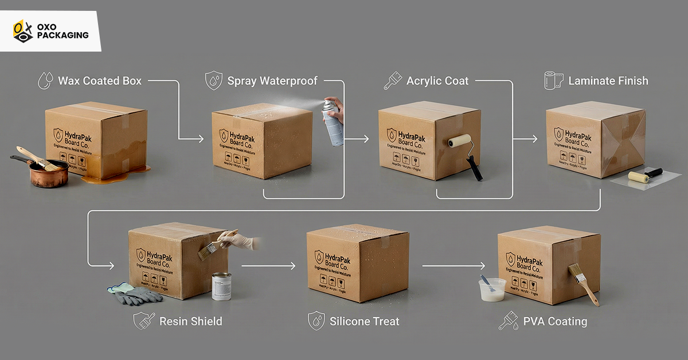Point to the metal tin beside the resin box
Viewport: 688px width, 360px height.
point(221,285)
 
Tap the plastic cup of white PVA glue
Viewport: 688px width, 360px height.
point(492,289)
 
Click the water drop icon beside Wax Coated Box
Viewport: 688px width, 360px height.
point(45,80)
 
